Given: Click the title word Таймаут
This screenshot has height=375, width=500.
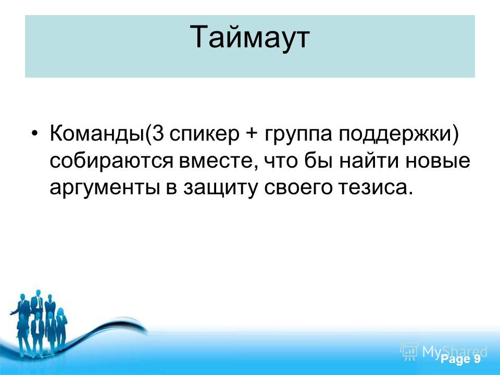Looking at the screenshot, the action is point(249,38).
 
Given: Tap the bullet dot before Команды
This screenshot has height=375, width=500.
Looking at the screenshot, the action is point(35,133).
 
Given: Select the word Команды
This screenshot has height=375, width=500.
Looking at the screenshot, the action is point(97,134).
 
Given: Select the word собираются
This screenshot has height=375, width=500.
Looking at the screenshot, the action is point(111,161).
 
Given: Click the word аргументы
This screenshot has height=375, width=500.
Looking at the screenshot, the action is point(105,189).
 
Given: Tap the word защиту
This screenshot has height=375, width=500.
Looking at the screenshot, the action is point(220,189).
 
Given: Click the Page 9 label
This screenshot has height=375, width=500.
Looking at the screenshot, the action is point(460,359).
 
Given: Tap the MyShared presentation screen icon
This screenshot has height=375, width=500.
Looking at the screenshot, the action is point(409,352).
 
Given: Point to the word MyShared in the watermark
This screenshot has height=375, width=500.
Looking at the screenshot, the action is point(455,352).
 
